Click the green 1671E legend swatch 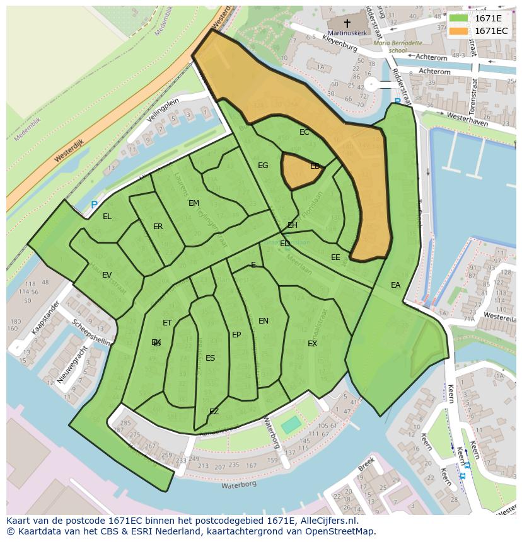point(459,18)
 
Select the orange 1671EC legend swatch point(459,31)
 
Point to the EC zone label point(304,132)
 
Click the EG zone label point(263,166)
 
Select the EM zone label point(194,203)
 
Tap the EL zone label point(107,217)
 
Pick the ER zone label point(158,227)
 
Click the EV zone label point(107,275)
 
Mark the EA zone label point(395,285)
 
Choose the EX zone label point(312,344)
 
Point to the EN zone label point(264,321)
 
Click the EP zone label point(236,335)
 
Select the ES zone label point(210,358)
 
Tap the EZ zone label point(214,412)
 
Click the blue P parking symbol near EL point(94,205)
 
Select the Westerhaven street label point(467,120)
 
